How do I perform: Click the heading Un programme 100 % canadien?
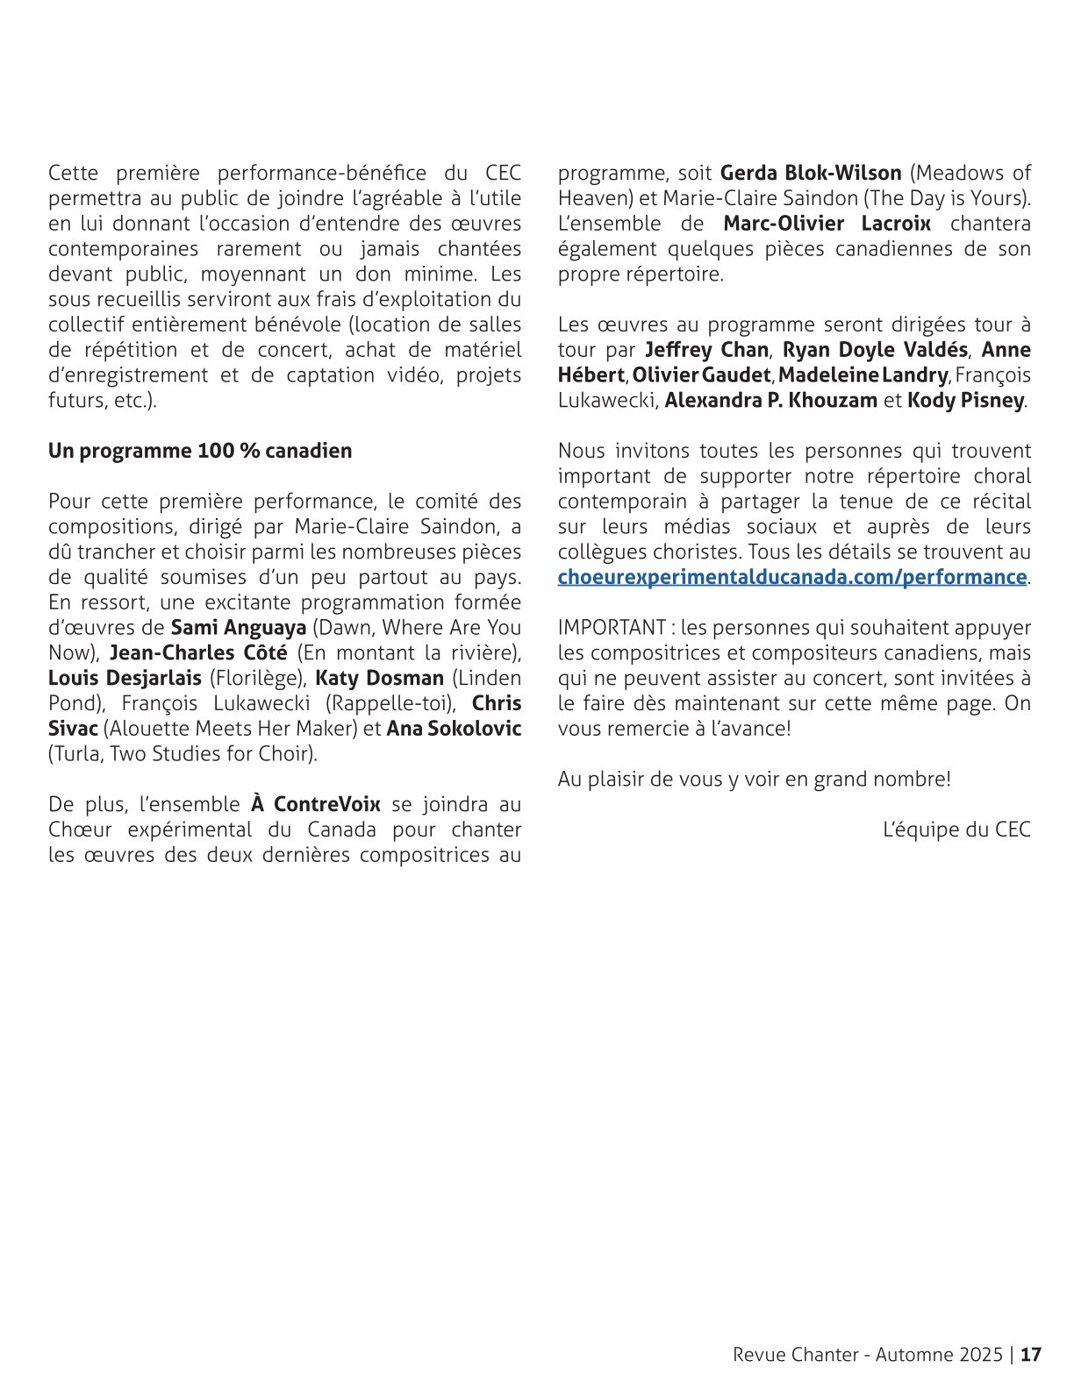pos(200,451)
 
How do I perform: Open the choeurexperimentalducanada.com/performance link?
pos(791,577)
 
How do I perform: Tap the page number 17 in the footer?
pos(1032,1354)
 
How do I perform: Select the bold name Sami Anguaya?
pos(238,628)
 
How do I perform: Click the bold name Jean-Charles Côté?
pos(198,653)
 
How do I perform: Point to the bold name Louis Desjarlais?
pos(125,679)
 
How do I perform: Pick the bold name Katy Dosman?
pos(379,679)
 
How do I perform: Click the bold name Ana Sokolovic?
pos(454,729)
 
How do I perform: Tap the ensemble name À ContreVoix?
pos(316,804)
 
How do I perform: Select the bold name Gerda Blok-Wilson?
pos(811,173)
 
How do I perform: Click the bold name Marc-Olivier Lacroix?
pos(827,224)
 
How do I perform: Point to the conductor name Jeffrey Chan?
pos(707,350)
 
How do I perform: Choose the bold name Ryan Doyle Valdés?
pos(875,350)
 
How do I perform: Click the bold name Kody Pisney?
pos(966,401)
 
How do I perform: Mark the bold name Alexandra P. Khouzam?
pos(770,401)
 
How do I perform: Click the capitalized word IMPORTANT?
pos(612,628)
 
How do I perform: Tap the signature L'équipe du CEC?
pos(956,830)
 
